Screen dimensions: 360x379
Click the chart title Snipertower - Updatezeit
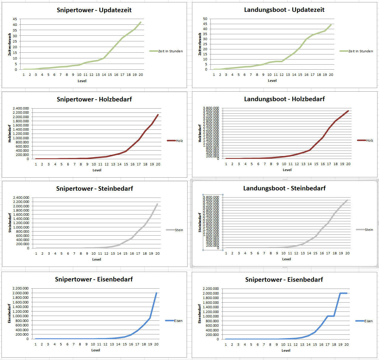coord(94,10)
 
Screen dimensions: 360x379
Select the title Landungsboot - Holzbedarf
coord(284,99)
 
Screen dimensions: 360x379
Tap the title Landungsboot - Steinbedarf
coord(284,188)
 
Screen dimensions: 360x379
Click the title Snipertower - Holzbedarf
coord(94,99)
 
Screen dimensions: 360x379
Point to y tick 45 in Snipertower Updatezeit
coord(15,19)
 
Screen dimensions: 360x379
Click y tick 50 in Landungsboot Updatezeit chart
coord(205,19)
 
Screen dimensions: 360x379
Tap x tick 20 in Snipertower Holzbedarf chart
coord(158,164)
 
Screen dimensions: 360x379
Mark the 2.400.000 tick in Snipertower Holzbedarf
coord(21,108)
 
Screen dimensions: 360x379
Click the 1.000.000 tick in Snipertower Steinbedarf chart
coord(21,227)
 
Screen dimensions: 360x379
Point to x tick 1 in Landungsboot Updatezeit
coord(214,75)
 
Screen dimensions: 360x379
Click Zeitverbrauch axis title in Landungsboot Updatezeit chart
coord(200,44)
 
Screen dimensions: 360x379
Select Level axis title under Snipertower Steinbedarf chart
coord(96,259)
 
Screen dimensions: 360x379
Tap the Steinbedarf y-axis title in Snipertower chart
coord(10,223)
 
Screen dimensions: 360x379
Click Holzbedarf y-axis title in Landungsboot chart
coord(200,133)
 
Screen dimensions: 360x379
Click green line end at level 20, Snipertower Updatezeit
coord(141,22)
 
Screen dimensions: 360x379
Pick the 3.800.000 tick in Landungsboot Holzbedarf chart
coord(211,108)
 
